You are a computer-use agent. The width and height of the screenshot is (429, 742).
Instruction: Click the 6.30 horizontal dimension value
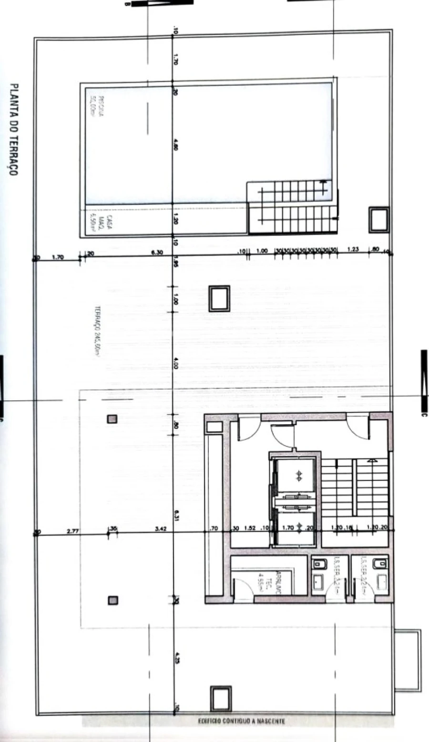(x=157, y=252)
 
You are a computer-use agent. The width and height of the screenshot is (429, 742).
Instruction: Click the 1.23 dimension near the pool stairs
(x=353, y=250)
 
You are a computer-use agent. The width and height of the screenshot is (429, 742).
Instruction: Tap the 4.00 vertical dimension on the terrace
(x=176, y=365)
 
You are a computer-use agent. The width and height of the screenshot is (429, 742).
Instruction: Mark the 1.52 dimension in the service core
(x=250, y=528)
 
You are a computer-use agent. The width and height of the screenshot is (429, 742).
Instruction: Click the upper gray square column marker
(x=112, y=419)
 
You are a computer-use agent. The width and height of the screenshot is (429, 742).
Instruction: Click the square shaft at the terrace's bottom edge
(x=221, y=699)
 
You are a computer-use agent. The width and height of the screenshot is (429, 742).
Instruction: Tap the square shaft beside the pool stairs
(x=379, y=220)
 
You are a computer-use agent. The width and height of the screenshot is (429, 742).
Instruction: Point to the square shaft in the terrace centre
(x=219, y=299)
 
